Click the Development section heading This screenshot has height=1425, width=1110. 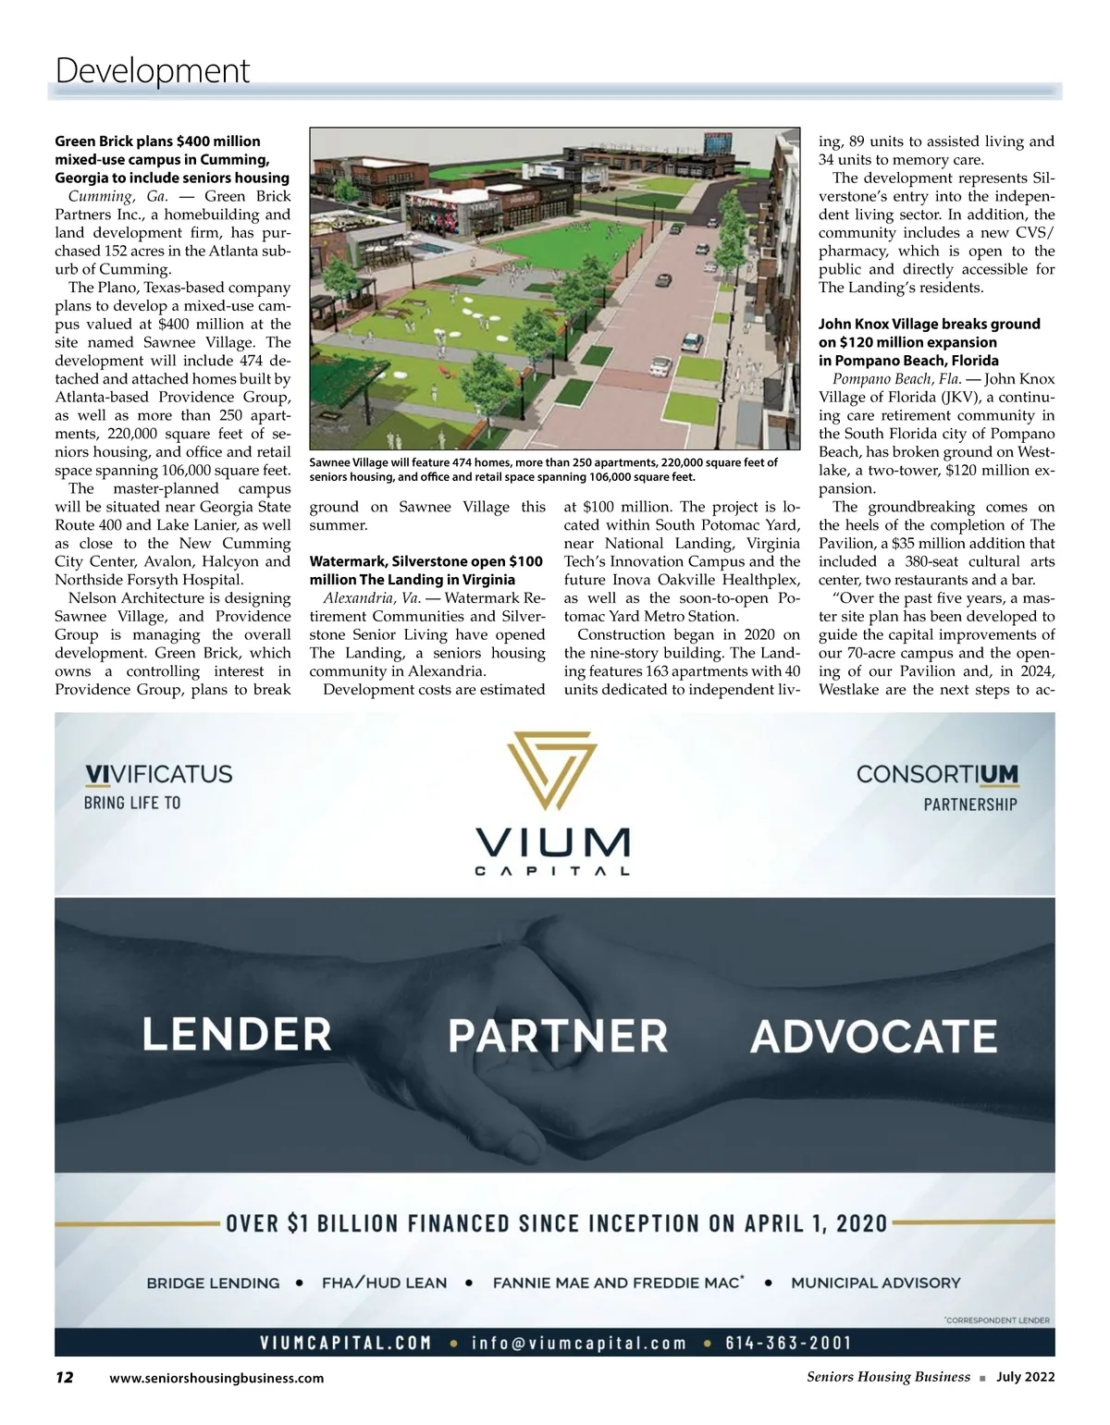153,70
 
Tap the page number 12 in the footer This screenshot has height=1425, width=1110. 64,1377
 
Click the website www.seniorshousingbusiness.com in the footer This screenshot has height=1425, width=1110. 216,1378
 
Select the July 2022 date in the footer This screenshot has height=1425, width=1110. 1025,1377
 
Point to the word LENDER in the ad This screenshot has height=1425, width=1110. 237,1034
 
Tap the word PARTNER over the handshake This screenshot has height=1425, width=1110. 558,1036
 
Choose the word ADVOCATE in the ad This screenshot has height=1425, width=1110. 873,1036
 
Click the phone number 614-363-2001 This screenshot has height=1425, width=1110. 788,1343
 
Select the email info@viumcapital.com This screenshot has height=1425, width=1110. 579,1343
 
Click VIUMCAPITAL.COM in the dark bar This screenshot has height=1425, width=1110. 345,1343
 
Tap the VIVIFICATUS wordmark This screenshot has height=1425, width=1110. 158,774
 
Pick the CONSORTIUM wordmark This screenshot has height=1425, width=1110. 936,774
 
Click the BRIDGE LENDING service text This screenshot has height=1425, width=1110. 213,1283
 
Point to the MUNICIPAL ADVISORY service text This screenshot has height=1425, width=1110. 875,1283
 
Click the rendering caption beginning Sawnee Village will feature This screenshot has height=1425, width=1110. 543,470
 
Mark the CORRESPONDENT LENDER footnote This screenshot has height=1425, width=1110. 997,1320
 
